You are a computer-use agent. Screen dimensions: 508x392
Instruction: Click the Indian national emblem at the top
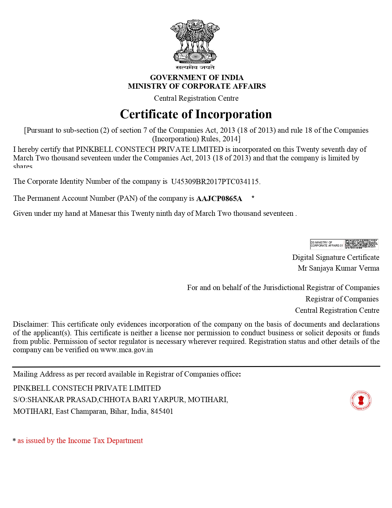[195, 42]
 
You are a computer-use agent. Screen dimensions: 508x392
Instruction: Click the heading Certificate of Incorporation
[196, 114]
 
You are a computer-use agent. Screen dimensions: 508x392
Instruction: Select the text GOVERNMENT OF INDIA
[197, 77]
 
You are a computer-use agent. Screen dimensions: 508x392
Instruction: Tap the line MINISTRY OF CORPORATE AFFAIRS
[197, 86]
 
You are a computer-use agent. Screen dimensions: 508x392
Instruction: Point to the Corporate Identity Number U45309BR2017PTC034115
[215, 181]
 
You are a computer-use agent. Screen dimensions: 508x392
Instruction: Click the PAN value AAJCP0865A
[219, 199]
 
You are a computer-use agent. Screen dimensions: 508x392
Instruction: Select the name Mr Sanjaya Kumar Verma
[338, 268]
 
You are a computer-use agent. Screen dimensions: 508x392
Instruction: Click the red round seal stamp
[361, 401]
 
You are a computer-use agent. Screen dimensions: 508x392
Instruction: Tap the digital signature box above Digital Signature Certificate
[344, 244]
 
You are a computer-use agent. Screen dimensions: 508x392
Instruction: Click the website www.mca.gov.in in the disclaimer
[126, 350]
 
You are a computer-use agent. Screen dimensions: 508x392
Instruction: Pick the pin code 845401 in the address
[162, 411]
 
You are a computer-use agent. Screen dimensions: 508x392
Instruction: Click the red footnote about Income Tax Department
[80, 441]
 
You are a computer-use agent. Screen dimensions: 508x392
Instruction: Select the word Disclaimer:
[30, 324]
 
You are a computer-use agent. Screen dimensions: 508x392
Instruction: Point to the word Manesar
[103, 213]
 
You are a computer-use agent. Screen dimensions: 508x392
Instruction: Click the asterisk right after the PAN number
[253, 197]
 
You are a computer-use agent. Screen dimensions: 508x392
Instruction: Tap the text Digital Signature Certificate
[335, 257]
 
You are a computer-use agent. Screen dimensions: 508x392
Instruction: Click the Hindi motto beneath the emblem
[195, 67]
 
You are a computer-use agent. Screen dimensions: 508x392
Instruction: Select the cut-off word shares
[23, 166]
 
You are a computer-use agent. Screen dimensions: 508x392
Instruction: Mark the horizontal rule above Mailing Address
[196, 366]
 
